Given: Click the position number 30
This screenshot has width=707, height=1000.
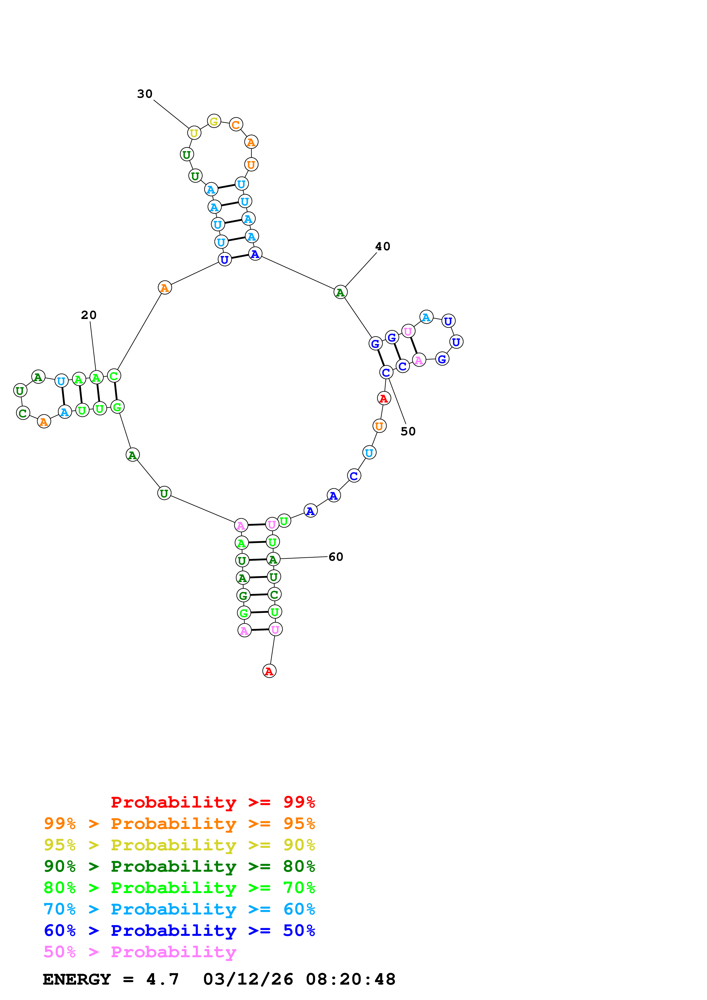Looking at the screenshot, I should (x=145, y=94).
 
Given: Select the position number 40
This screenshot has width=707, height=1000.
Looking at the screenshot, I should (x=382, y=247).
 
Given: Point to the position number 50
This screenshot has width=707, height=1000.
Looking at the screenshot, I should (x=408, y=431).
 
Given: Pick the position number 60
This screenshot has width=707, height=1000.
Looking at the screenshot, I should (x=335, y=557).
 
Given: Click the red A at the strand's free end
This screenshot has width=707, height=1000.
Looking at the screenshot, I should (x=269, y=671).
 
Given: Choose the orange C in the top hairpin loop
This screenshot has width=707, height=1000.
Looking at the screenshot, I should (x=236, y=125).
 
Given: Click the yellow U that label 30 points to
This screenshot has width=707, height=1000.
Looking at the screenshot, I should (x=194, y=133).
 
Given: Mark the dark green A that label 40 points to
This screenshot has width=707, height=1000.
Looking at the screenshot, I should (x=340, y=292).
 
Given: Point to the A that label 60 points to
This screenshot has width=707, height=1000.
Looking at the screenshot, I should (x=273, y=559).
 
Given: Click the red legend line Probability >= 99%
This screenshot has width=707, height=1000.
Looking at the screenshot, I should (x=212, y=802).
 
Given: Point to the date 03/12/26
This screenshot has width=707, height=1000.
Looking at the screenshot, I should (x=248, y=979).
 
